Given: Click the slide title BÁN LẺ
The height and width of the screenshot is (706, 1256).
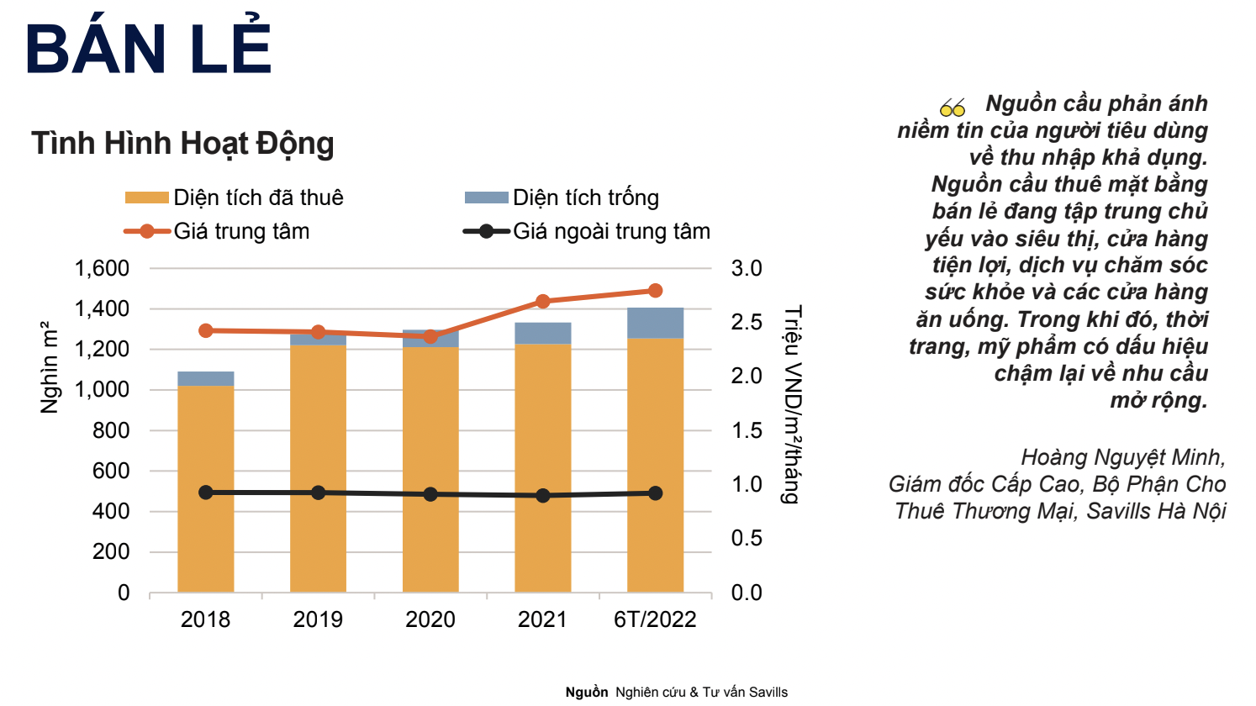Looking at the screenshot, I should [x=149, y=49].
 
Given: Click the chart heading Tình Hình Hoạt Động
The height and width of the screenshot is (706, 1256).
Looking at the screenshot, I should [x=182, y=144].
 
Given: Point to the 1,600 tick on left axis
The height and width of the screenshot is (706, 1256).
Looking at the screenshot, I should [x=102, y=269].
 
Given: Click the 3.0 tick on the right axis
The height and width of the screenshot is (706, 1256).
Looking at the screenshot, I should [x=746, y=269].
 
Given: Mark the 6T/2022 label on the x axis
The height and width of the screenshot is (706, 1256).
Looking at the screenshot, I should [x=655, y=620].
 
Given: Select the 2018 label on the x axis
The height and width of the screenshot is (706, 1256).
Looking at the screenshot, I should [x=205, y=620].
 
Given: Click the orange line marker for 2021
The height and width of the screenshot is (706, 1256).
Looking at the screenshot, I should [x=542, y=302].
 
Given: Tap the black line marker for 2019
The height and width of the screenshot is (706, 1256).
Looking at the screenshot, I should [x=318, y=493].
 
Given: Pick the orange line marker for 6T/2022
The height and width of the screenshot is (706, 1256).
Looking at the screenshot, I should [x=656, y=291].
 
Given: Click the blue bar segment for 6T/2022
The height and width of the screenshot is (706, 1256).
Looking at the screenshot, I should [x=655, y=323].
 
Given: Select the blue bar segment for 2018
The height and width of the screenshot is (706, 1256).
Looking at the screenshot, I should [x=205, y=378].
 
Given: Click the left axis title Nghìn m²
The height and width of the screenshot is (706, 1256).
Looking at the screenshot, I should [x=50, y=367].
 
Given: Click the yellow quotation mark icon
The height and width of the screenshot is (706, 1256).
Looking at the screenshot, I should [x=953, y=108].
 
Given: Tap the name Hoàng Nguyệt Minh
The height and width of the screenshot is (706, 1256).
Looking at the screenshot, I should [x=1123, y=457].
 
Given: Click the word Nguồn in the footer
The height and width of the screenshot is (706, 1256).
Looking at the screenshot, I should [x=586, y=693].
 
